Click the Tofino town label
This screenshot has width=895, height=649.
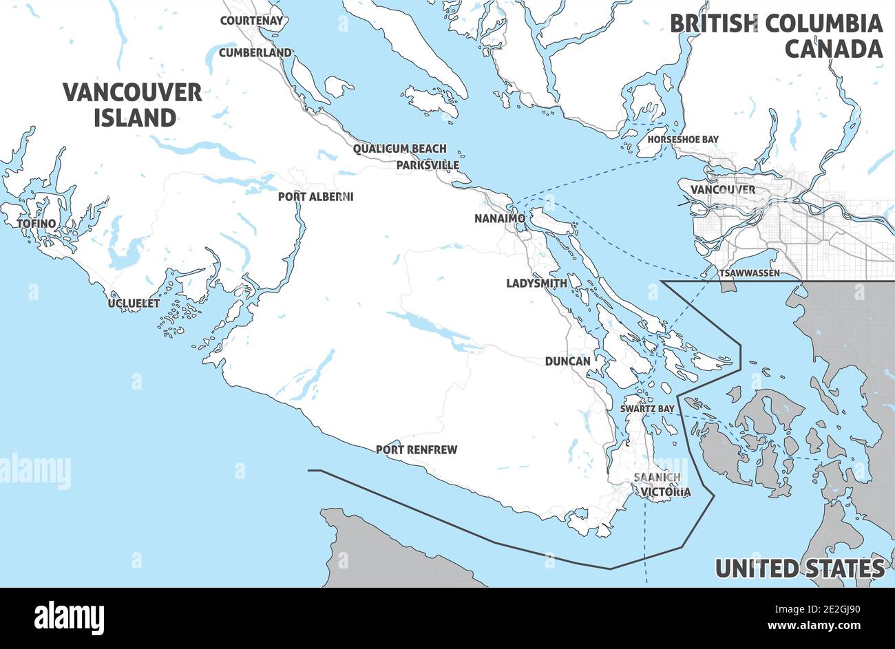coord(36,224)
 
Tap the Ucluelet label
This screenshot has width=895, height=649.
coord(134,303)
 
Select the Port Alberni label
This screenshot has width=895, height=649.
coord(315,197)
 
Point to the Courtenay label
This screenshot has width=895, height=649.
coord(251,21)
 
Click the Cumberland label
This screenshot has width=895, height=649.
coord(255,52)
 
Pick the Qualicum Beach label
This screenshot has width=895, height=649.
coord(399,149)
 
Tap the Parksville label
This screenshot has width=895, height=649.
coord(428,166)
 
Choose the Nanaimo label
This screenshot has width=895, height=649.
coord(500,219)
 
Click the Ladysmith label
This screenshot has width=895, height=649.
coord(536,283)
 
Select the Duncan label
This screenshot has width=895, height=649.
coord(567,361)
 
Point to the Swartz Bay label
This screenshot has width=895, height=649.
coord(646,409)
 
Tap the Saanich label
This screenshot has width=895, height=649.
coord(657,477)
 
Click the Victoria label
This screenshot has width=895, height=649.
coord(665,492)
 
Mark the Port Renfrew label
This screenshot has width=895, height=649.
coord(416,450)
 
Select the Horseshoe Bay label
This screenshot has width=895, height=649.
coord(683,140)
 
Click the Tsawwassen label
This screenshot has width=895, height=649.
coord(748,273)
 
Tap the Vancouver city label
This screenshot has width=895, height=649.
coord(722,189)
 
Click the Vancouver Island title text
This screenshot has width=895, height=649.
coord(133,105)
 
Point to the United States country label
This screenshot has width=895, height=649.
coord(799,568)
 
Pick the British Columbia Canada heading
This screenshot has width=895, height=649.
coord(776,36)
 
